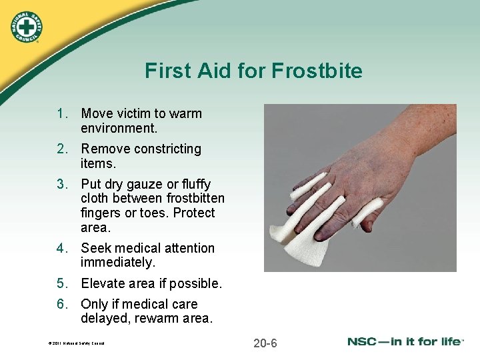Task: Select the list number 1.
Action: pos(61,113)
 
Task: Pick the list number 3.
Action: pos(61,184)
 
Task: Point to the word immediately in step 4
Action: pos(117,263)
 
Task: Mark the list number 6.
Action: pos(61,305)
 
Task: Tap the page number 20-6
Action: pos(265,343)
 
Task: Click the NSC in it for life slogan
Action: pos(405,342)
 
